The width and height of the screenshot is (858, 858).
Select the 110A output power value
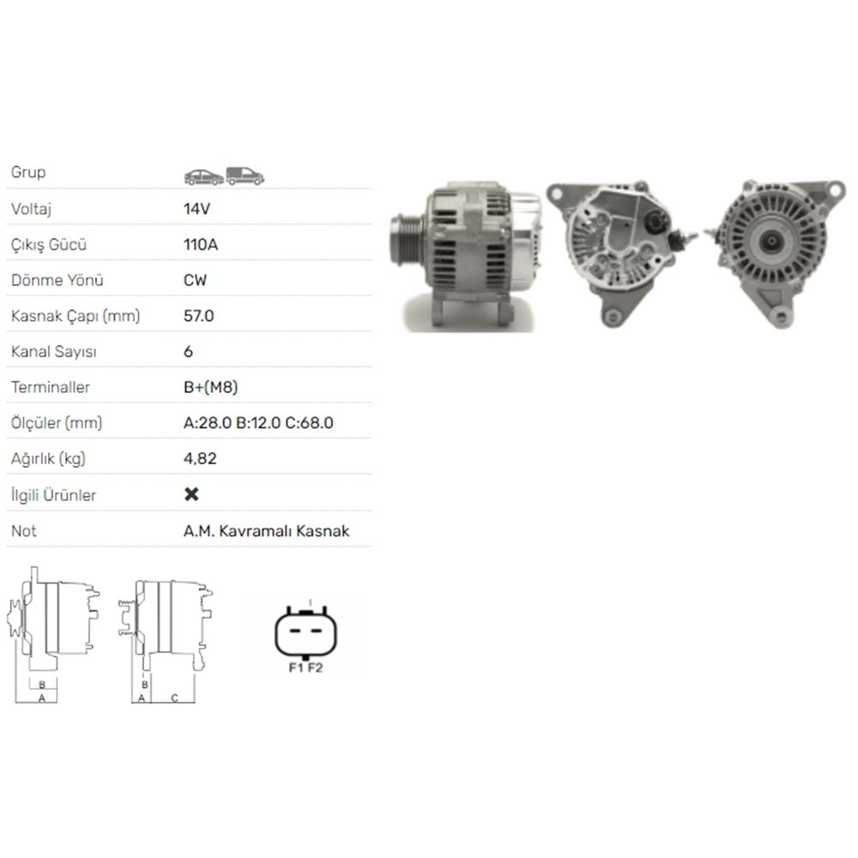click(201, 245)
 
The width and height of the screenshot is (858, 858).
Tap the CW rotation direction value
click(195, 281)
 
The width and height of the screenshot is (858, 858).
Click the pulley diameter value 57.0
click(198, 316)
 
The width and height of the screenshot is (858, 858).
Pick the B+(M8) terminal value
click(210, 387)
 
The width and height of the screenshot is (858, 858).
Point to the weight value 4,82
click(200, 458)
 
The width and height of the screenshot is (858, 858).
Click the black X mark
click(192, 494)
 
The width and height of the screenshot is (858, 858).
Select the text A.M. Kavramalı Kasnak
click(266, 531)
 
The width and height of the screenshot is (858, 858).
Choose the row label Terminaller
click(51, 387)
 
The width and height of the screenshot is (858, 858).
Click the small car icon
click(203, 177)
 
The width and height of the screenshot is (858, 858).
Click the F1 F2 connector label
click(305, 668)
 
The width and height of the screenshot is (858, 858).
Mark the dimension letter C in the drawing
click(174, 698)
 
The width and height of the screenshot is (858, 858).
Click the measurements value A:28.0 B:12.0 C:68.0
click(258, 423)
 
